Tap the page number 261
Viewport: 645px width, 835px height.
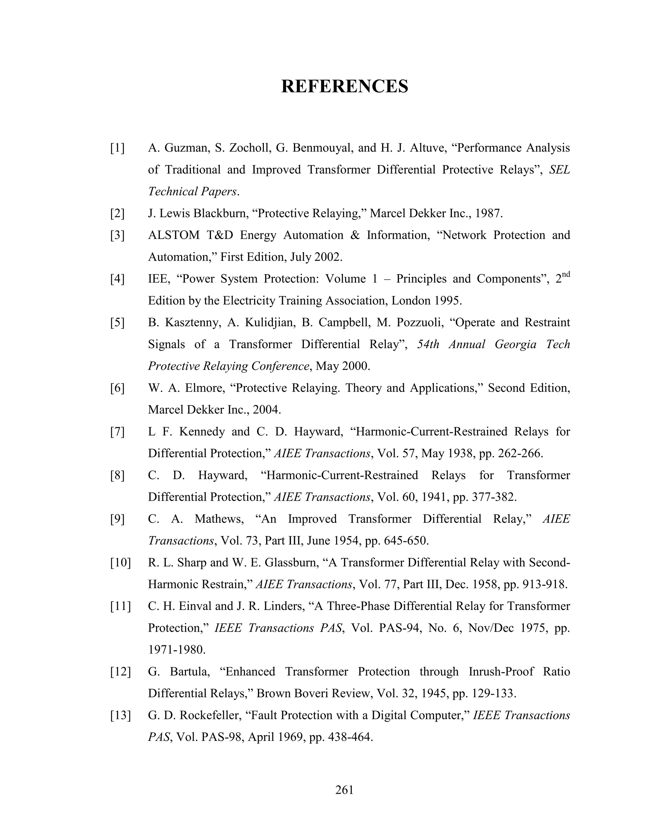pos(344,790)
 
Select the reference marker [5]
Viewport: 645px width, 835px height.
pos(117,323)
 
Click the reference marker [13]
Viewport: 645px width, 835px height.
pos(120,715)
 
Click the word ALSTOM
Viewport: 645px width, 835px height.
pos(174,235)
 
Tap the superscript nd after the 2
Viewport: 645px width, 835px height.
pos(566,274)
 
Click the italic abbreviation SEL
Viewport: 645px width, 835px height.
pos(559,170)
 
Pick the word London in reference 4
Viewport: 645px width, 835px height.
pos(411,301)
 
